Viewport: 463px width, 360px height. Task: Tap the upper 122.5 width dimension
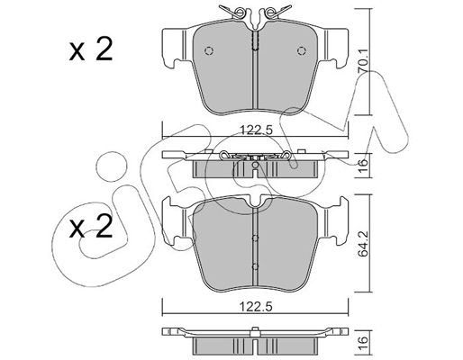256,130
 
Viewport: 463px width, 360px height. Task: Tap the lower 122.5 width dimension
256,307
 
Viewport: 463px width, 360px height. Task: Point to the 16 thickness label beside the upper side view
363,164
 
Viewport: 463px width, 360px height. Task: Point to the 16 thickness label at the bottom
363,341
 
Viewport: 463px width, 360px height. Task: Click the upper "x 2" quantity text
91,49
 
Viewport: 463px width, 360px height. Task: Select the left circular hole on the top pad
209,50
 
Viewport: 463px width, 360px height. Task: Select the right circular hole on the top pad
302,50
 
